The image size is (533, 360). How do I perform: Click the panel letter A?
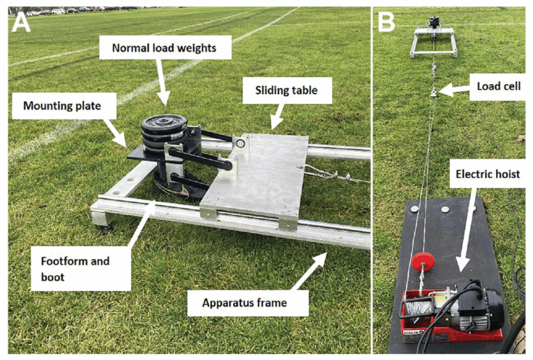tap(21, 22)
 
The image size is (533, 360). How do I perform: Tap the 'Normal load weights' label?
tap(164, 48)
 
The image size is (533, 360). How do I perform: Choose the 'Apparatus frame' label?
tap(245, 302)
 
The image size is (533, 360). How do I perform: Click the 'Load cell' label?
tap(499, 85)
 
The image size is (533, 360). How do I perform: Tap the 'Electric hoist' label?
tap(488, 173)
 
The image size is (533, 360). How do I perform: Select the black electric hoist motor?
tap(481, 308)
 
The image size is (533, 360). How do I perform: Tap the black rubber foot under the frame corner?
tap(107, 228)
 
